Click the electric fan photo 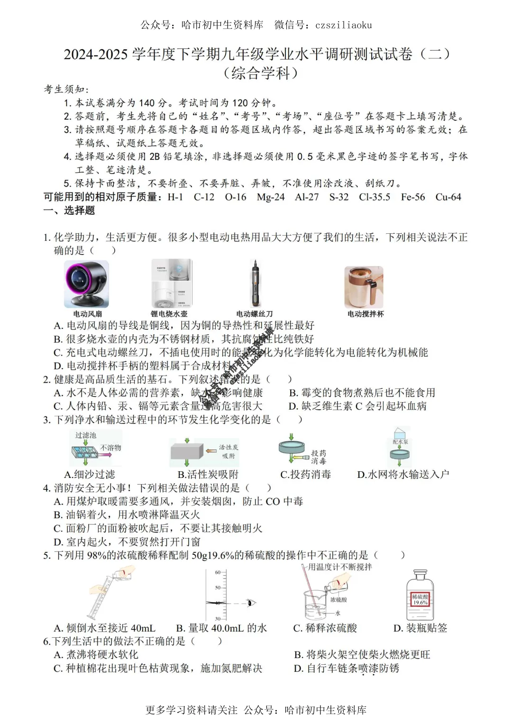pos(87,284)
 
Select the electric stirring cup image pos(364,287)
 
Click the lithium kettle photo pos(171,284)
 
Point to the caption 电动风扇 pos(88,314)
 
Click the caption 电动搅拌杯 pos(366,314)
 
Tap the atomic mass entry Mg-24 pos(271,197)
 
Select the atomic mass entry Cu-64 pos(448,197)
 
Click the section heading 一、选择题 pos(69,211)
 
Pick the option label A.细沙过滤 pos(90,475)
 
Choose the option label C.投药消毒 pos(306,475)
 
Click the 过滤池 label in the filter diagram pos(85,435)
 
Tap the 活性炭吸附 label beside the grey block pos(229,451)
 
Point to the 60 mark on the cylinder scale pos(218,572)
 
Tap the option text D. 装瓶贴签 pos(421,628)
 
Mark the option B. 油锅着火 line pos(127,515)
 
